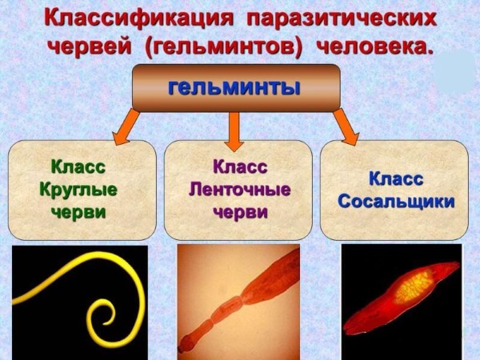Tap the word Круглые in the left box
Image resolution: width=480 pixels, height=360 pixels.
click(78, 190)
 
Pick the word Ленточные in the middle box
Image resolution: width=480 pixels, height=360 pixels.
click(239, 190)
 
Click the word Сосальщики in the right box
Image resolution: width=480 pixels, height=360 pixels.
click(396, 201)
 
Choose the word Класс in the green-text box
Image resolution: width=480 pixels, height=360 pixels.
click(78, 167)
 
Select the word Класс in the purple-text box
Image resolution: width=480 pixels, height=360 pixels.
click(239, 167)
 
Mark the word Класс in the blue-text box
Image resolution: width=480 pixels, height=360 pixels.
click(396, 178)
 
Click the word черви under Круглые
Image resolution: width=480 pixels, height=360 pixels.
click(78, 213)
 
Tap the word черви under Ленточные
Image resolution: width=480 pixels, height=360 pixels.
click(239, 213)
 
